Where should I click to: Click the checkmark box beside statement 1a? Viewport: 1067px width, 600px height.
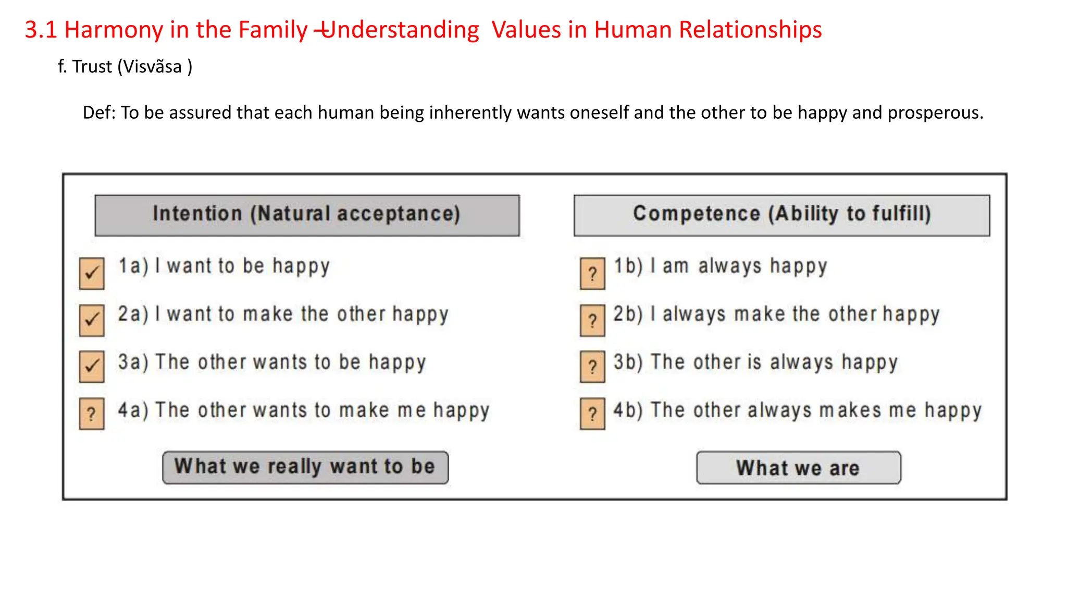point(92,273)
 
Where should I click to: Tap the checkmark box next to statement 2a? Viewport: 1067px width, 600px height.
point(92,320)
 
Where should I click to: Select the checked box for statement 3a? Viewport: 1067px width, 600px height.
point(92,367)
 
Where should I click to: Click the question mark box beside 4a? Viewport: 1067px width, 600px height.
point(92,414)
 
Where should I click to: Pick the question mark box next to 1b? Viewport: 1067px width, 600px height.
point(592,273)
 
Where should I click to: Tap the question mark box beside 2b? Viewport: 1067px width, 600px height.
point(592,320)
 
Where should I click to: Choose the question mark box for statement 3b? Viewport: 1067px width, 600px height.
point(592,367)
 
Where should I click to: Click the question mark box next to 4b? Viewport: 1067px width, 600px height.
point(592,414)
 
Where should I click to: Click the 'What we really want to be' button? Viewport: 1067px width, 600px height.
point(305,467)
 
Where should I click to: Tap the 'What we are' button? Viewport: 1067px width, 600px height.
point(798,468)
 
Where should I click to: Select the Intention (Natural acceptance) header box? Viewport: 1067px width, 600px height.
point(307,215)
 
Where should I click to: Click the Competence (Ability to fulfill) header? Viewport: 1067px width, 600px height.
point(781,215)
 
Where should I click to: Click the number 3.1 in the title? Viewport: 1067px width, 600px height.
point(41,30)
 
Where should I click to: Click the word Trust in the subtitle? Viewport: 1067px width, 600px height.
point(92,67)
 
